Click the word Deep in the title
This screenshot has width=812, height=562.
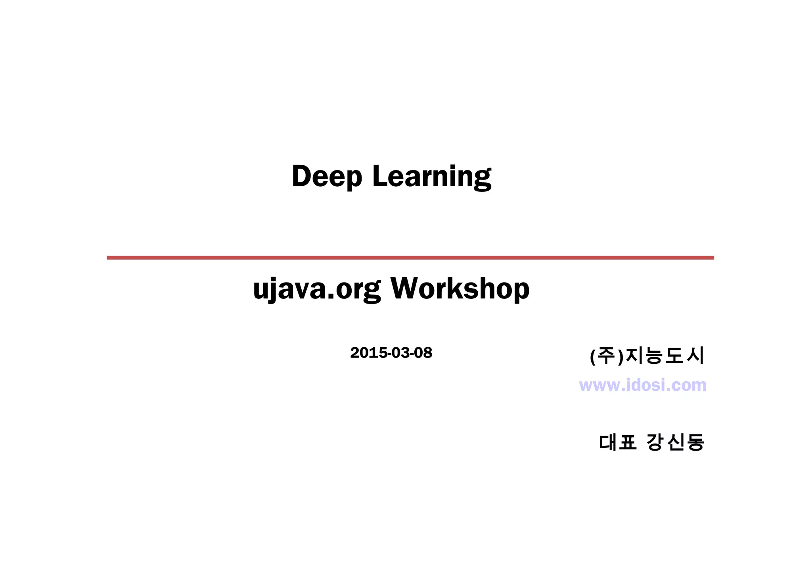tap(327, 176)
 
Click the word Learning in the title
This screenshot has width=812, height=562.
tap(432, 176)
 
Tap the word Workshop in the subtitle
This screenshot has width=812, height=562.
tap(460, 289)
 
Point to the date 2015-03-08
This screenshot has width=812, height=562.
tap(391, 353)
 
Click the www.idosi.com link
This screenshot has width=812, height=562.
tap(642, 385)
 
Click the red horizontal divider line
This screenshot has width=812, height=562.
tap(410, 258)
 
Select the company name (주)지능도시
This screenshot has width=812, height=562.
tap(647, 356)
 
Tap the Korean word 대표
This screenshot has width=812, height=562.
tap(617, 442)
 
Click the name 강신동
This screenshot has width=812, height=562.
tap(675, 442)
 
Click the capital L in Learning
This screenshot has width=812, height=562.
tap(379, 176)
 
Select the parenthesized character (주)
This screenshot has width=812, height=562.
tap(607, 356)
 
